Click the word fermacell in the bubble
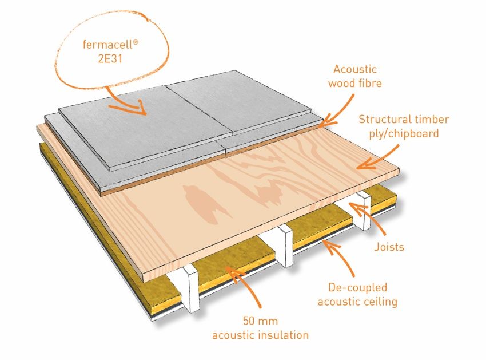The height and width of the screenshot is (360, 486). pos(108,45)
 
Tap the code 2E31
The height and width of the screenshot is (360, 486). pos(110,58)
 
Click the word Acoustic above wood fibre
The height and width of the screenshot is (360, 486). pos(355,69)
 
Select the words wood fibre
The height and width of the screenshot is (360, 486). pos(355,83)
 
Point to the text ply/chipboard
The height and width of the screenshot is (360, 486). pos(404,134)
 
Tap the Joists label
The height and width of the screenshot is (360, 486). pos(389,247)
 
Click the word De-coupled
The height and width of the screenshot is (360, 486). pos(358,287)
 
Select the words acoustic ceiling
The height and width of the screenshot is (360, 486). pos(357,302)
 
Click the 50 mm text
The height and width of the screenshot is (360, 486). pos(260,321)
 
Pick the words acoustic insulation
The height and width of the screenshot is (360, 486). pos(260,335)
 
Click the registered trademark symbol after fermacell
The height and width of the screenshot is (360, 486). pos(135,42)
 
